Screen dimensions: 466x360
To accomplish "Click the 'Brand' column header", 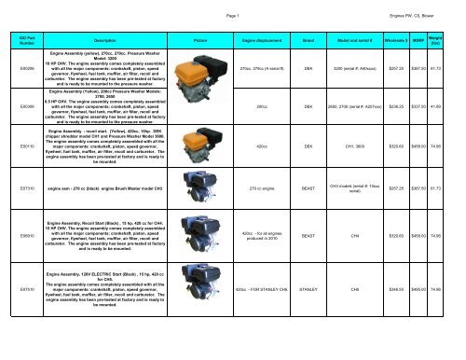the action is pyautogui.click(x=307, y=41).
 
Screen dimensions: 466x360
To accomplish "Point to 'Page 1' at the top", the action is pyautogui.click(x=232, y=6).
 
